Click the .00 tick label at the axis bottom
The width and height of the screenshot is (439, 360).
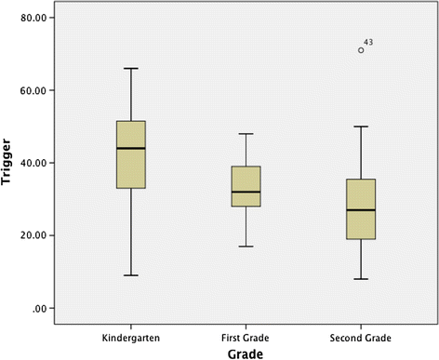click(43, 308)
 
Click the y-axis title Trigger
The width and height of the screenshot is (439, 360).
click(8, 163)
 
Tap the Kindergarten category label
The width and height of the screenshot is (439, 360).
click(130, 332)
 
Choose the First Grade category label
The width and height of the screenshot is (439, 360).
click(246, 332)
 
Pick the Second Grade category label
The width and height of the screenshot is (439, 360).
click(360, 332)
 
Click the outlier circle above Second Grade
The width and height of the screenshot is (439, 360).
click(361, 50)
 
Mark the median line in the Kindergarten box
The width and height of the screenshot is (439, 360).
click(130, 148)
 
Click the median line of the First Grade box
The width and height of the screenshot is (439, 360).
click(246, 192)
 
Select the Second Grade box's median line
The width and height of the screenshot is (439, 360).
click(361, 210)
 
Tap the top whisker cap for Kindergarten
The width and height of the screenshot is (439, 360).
click(130, 68)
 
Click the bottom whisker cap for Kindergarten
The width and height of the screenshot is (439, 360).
click(130, 275)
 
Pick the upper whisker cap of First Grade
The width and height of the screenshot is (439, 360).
click(246, 134)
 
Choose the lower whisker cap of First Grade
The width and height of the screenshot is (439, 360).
click(246, 247)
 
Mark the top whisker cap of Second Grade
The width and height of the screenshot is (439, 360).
click(361, 127)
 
